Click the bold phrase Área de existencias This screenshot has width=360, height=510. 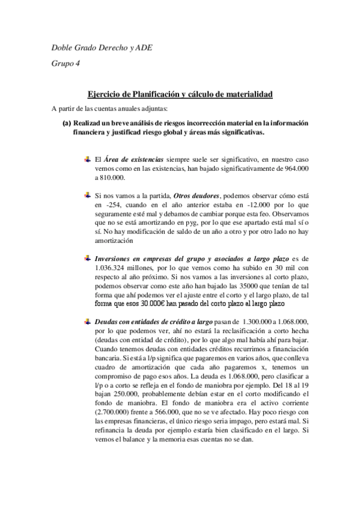[x=133, y=159]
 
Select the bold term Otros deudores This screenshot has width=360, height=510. [x=197, y=195]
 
